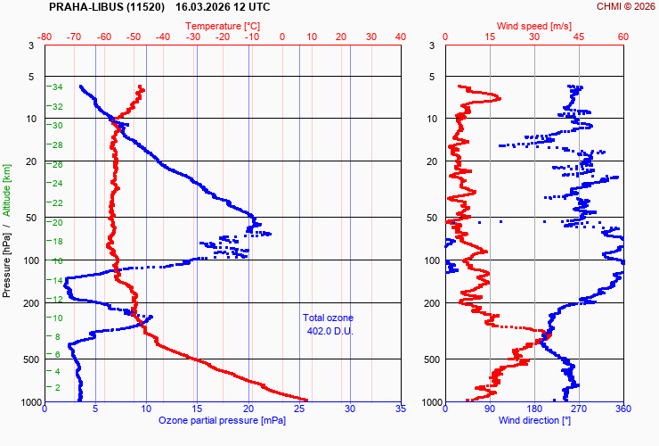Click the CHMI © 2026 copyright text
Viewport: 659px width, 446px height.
(x=625, y=6)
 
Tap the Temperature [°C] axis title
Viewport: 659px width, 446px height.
(x=223, y=26)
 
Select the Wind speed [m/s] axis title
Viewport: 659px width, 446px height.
(x=534, y=26)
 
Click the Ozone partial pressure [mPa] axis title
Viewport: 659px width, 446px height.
(x=223, y=420)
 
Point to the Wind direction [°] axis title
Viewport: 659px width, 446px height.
(x=534, y=420)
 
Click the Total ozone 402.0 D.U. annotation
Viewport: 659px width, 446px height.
(x=328, y=325)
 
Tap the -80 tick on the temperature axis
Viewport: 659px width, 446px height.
(x=45, y=37)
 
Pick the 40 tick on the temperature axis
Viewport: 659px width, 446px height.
(x=400, y=37)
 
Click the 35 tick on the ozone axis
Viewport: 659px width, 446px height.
(x=400, y=409)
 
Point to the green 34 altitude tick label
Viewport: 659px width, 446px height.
(x=56, y=87)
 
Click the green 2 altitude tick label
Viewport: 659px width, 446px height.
(x=59, y=387)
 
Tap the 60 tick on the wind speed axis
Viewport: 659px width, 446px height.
(x=622, y=37)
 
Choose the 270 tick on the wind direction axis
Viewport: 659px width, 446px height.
(x=579, y=409)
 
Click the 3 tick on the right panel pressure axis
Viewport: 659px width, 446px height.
(x=431, y=45)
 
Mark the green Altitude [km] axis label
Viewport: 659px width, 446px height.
(x=7, y=190)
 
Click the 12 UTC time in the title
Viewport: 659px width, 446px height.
(x=252, y=6)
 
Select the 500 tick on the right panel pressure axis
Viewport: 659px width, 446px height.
(x=428, y=359)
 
